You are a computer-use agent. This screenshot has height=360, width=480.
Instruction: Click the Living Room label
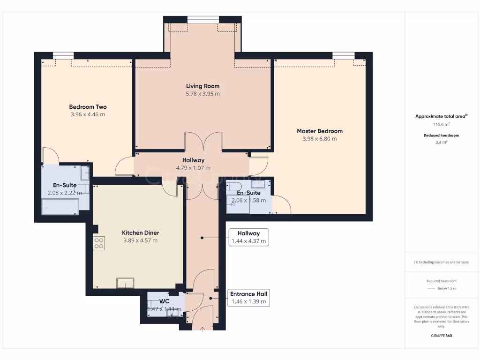(x=202, y=86)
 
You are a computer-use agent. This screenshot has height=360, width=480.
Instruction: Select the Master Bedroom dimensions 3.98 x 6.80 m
(x=319, y=139)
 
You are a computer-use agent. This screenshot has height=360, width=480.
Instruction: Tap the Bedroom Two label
(x=88, y=107)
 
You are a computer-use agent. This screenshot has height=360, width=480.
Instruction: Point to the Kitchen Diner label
(x=140, y=232)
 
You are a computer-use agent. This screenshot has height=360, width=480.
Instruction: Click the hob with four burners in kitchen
(x=99, y=243)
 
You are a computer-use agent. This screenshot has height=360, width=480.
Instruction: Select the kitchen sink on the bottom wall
(x=125, y=283)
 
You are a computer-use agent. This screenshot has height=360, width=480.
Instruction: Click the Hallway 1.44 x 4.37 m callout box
(x=248, y=237)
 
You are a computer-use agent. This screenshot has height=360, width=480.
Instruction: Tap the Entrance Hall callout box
(x=248, y=298)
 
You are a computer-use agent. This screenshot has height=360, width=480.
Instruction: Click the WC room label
(x=164, y=301)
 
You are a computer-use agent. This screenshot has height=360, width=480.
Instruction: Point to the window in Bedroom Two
(x=63, y=56)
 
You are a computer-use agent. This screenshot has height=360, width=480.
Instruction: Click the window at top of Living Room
(x=202, y=19)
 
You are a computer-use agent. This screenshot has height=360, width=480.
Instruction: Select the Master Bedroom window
(x=343, y=56)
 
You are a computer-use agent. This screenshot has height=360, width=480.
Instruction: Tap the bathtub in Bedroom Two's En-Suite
(x=60, y=207)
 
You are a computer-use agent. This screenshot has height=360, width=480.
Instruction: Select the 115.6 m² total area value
(x=441, y=124)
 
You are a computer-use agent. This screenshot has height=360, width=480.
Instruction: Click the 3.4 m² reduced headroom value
(x=441, y=142)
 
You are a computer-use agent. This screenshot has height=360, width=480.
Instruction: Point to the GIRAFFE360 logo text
(x=441, y=336)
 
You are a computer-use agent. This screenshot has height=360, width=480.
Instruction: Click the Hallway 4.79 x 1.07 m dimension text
(x=193, y=168)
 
